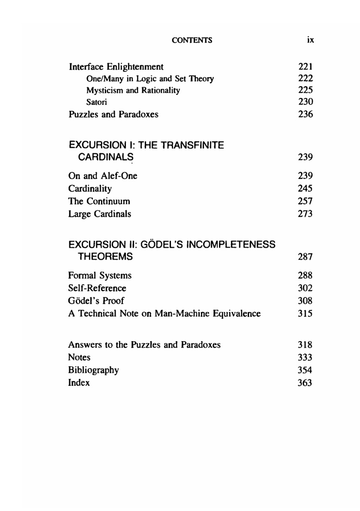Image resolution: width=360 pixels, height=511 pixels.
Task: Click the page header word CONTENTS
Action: click(192, 40)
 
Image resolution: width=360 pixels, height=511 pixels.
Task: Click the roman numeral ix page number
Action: click(310, 40)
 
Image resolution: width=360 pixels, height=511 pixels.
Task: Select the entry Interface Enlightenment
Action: click(116, 67)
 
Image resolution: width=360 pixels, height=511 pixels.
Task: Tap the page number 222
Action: click(305, 78)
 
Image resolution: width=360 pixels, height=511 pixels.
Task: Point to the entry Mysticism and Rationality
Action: click(133, 90)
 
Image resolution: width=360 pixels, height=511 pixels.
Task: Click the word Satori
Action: click(96, 102)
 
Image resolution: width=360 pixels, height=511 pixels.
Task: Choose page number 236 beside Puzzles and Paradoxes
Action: click(305, 114)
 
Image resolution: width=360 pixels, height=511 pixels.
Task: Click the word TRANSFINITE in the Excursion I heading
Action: click(192, 145)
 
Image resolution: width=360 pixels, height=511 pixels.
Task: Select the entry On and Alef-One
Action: click(103, 176)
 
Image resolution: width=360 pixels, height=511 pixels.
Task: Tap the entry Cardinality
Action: click(90, 189)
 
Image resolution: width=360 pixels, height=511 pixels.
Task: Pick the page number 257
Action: click(305, 201)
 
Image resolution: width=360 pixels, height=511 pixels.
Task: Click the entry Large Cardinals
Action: click(100, 214)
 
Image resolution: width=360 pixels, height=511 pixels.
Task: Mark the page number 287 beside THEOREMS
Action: click(305, 257)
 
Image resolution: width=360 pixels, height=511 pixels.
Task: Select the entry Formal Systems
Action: click(100, 276)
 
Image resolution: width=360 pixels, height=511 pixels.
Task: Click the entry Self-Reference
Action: click(97, 288)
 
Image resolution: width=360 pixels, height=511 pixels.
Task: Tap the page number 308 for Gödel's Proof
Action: click(305, 301)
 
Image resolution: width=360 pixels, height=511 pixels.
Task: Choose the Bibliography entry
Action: click(93, 370)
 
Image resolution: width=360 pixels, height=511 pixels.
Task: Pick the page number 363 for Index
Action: click(305, 383)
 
